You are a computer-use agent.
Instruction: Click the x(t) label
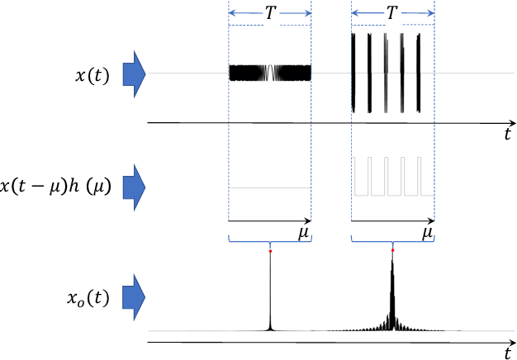(x=91, y=74)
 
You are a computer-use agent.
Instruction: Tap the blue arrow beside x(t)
(x=134, y=73)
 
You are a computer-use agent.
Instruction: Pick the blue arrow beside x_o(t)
(x=134, y=296)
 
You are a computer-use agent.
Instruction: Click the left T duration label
(x=269, y=13)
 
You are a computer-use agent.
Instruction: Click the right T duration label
(x=392, y=13)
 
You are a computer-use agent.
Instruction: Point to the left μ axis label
(x=303, y=234)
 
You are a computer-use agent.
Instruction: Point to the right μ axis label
(x=427, y=234)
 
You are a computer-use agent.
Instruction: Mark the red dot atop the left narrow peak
(x=270, y=251)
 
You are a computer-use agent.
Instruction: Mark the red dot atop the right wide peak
(x=392, y=250)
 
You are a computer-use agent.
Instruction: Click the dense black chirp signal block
(x=269, y=73)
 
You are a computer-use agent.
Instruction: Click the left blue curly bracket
(x=269, y=242)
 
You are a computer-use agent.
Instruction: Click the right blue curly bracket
(x=392, y=242)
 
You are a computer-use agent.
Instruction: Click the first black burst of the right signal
(x=355, y=73)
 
